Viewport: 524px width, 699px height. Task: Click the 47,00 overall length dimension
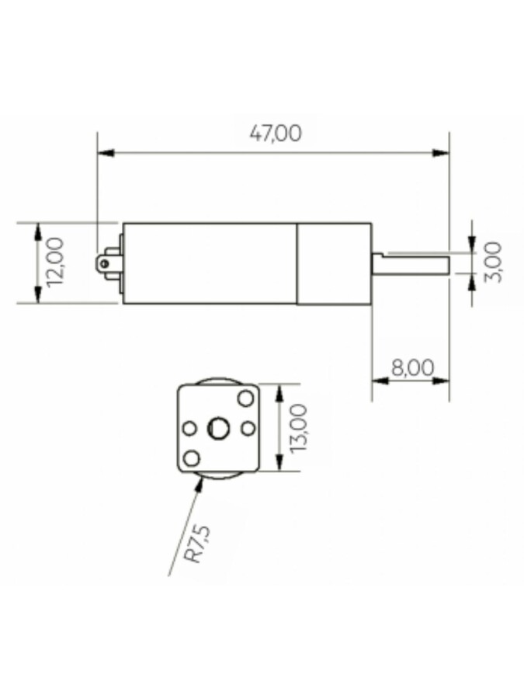[276, 134]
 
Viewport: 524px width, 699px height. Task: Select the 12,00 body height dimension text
[56, 263]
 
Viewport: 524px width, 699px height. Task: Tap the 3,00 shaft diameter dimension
[493, 263]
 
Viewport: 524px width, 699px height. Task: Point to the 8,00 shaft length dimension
[413, 368]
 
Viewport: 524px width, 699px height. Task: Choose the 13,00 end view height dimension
[298, 427]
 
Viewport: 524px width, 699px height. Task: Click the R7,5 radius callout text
[197, 544]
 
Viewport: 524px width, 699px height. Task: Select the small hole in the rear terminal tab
[105, 263]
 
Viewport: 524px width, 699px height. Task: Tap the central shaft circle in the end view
[218, 429]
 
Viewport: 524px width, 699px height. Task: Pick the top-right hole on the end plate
[245, 398]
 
